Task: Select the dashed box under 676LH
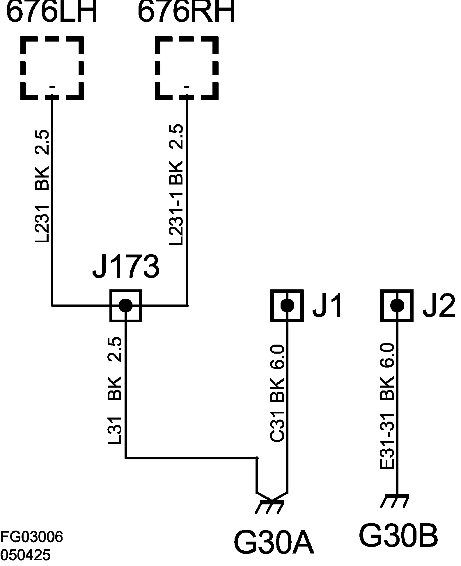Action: click(x=52, y=68)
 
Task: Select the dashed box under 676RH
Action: click(x=187, y=68)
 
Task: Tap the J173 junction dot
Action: click(x=126, y=305)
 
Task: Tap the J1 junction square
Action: click(x=287, y=305)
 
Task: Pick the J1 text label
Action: click(x=327, y=305)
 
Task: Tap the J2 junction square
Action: click(x=397, y=305)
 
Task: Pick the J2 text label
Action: click(x=438, y=305)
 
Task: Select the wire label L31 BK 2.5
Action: click(x=115, y=390)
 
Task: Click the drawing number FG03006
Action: click(x=31, y=537)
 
